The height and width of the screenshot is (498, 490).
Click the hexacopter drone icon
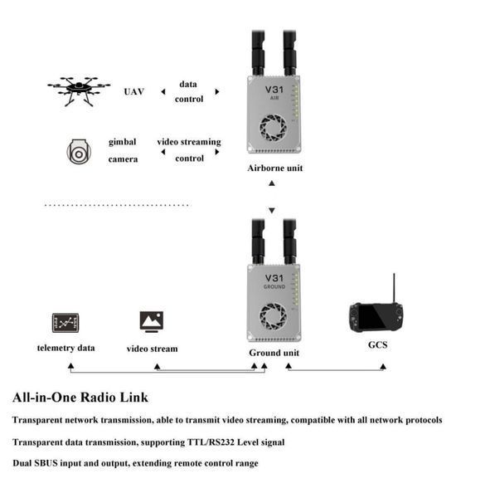click(79, 91)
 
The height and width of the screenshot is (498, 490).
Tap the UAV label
click(134, 92)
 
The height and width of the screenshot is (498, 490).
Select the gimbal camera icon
click(79, 152)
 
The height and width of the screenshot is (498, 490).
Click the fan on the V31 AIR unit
click(273, 128)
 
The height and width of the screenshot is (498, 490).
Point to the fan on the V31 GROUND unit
click(273, 316)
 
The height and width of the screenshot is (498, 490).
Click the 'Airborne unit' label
click(274, 168)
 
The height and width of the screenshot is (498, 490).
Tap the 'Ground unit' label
click(274, 353)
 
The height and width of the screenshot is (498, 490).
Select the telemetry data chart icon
click(65, 323)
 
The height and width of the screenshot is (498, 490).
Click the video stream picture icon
click(152, 322)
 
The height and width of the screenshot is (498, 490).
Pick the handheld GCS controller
click(376, 317)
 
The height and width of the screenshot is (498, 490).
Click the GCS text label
click(377, 345)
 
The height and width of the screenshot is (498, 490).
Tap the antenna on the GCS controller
click(394, 288)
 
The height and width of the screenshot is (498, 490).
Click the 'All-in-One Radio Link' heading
click(80, 398)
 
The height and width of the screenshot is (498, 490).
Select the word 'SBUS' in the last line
click(46, 463)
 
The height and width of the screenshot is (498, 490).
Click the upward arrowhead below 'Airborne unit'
click(272, 183)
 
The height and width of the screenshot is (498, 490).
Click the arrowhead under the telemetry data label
click(70, 366)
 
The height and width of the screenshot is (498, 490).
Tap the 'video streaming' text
click(189, 142)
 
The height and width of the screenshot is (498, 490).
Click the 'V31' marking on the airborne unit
click(274, 90)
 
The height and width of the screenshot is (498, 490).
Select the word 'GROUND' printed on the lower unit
click(274, 287)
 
